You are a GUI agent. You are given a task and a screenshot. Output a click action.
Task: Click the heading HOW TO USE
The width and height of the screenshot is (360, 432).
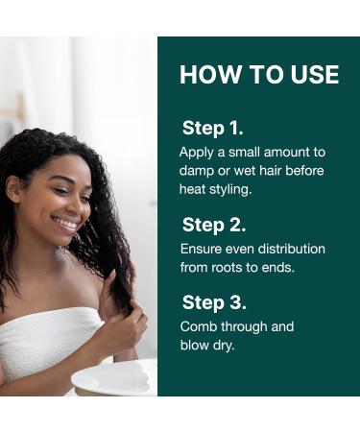258,75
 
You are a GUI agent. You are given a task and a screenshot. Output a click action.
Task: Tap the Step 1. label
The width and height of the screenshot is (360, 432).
212,128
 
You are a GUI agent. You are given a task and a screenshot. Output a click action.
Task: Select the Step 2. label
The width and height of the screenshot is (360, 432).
214,225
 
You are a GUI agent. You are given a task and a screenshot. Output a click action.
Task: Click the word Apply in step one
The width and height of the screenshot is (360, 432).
196,152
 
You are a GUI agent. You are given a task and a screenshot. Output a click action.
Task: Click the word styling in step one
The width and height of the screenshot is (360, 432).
230,189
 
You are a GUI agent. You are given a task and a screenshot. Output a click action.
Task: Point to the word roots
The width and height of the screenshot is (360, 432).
231,268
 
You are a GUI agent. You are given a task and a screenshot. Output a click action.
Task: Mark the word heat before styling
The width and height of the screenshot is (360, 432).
194,189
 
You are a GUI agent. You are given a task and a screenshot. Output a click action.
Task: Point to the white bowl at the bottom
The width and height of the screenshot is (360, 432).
115,378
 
